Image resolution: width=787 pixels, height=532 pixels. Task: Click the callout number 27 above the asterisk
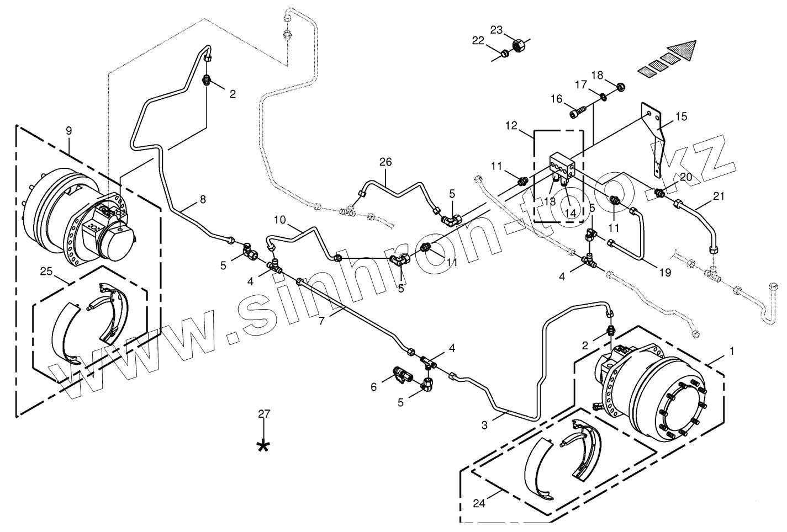click(x=265, y=413)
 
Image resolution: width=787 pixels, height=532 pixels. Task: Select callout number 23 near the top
click(x=497, y=30)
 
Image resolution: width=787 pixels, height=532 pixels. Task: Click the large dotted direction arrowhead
click(x=681, y=51)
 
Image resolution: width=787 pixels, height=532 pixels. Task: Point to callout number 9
click(x=68, y=131)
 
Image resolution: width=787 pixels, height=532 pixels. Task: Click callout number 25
click(x=46, y=272)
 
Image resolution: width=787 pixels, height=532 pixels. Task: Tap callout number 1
click(x=732, y=350)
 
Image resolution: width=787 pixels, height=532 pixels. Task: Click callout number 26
click(x=385, y=162)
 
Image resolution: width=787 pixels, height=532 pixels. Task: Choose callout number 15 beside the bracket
click(x=681, y=116)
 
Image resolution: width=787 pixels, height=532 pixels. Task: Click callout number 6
click(x=373, y=387)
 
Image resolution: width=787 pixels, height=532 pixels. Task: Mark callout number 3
click(x=484, y=425)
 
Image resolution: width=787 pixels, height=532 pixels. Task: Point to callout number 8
click(x=203, y=199)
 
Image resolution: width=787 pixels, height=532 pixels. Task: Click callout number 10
click(x=280, y=220)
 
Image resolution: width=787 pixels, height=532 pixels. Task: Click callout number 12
click(x=511, y=125)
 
